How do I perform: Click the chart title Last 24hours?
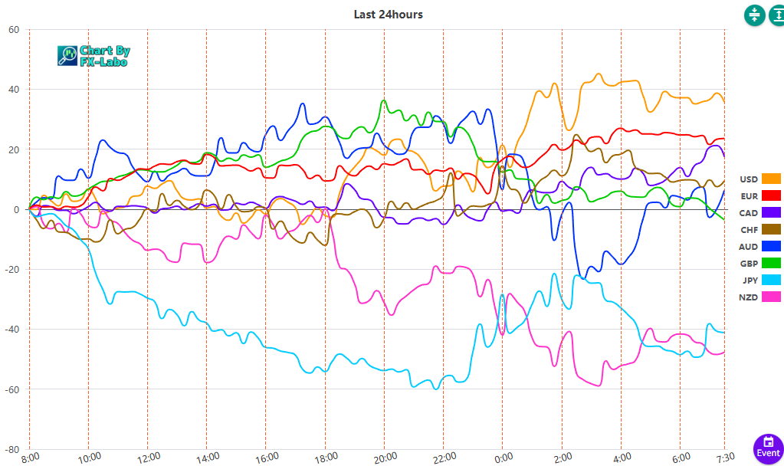pos(388,14)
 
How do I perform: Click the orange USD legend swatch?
pos(771,179)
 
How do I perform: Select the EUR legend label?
pos(749,196)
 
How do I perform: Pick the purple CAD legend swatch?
pos(771,212)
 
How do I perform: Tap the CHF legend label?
pos(749,229)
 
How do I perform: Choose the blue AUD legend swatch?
pos(771,246)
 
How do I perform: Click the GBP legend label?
pos(749,263)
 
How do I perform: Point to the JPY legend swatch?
pos(771,280)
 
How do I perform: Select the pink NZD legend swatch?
pos(771,297)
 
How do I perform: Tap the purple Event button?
pos(768,449)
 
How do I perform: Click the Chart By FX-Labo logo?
pos(94,55)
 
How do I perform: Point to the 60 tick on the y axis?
pos(14,30)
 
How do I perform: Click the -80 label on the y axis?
pos(11,449)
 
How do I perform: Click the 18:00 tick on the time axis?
pos(325,458)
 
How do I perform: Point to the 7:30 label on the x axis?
pos(724,458)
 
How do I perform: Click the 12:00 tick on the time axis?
pos(148,458)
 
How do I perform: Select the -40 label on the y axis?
pos(11,330)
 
